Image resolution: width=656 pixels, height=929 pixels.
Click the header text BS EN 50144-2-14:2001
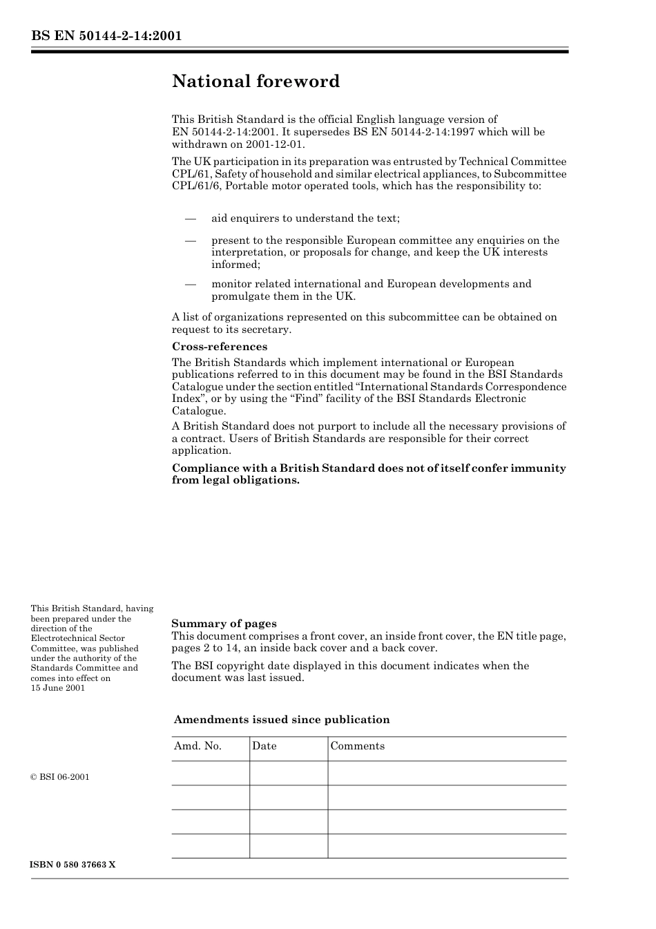pos(106,36)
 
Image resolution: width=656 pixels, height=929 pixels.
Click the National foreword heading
pos(255,82)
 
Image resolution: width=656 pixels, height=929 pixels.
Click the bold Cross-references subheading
pos(219,347)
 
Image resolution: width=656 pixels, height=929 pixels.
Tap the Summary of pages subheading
pos(224,623)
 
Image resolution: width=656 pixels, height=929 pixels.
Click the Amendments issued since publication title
pos(282,720)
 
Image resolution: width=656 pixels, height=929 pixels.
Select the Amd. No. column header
pos(197,746)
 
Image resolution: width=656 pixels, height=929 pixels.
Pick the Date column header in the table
pos(264,746)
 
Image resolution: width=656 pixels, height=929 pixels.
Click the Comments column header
pos(357,746)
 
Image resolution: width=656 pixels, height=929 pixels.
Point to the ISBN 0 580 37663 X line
pos(73,865)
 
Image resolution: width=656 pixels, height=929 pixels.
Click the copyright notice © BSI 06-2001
pos(60,777)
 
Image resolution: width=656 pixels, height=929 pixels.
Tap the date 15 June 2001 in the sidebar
pos(58,688)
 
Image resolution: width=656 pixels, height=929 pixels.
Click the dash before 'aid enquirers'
pos(191,219)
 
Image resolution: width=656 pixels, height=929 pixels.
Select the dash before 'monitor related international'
pos(191,285)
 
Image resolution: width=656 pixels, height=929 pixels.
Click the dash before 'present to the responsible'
pos(191,241)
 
